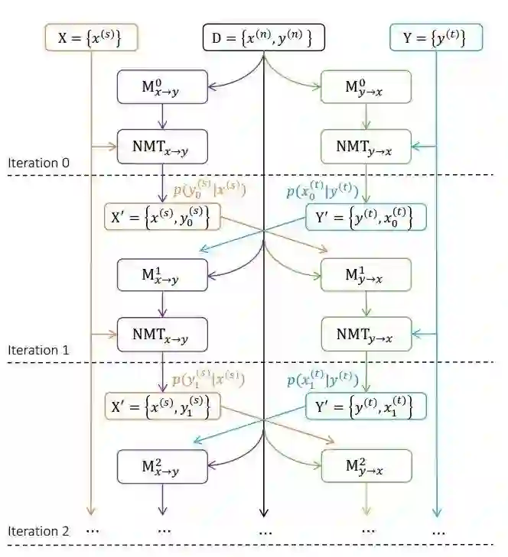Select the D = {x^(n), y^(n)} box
[264, 37]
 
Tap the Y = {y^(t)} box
[436, 37]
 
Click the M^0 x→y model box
[162, 87]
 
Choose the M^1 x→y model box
[162, 274]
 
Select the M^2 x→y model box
[162, 466]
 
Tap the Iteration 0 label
[39, 163]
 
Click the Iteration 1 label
[39, 350]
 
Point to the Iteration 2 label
[39, 531]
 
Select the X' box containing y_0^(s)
[162, 217]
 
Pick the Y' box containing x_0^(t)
[366, 217]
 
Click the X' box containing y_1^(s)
[162, 405]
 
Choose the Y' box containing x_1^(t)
[366, 405]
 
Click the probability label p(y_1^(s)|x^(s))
[209, 379]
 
